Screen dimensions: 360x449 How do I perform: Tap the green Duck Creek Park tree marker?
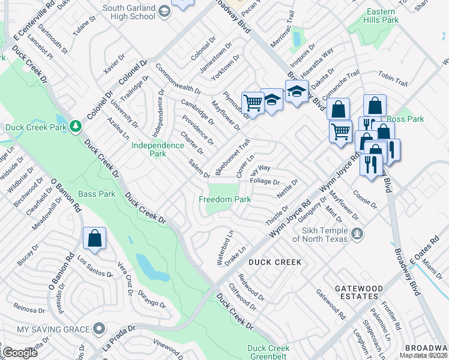click(76, 126)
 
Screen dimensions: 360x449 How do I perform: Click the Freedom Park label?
click(225, 199)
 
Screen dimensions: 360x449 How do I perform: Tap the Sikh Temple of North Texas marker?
click(358, 233)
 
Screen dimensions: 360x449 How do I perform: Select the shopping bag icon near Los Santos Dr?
click(95, 239)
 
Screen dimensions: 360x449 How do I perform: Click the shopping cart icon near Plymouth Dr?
click(253, 103)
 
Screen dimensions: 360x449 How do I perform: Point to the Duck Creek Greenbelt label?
click(268, 352)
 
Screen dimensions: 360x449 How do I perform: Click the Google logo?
click(19, 353)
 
